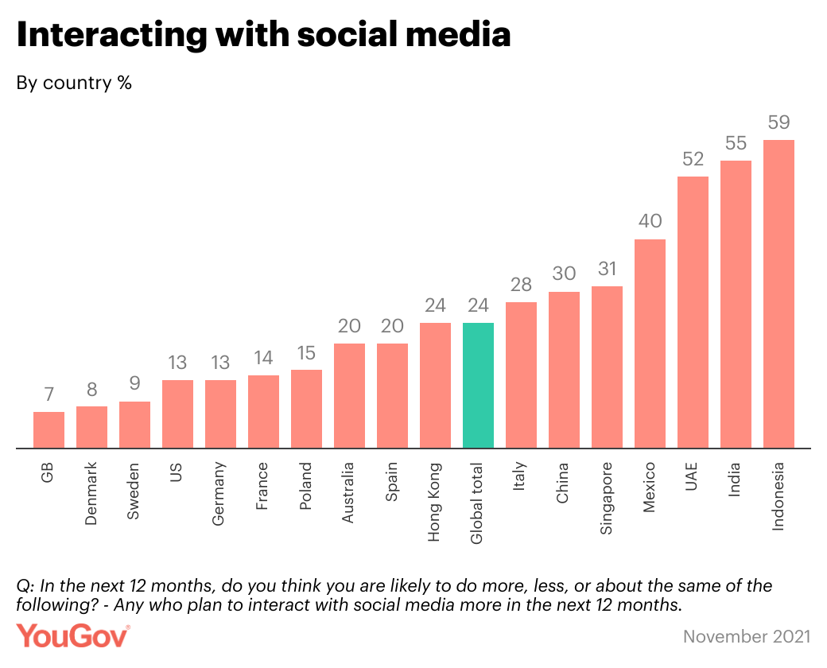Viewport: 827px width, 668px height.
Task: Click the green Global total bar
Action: click(478, 386)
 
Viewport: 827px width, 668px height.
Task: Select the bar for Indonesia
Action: click(778, 294)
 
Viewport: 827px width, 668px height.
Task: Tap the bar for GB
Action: click(49, 430)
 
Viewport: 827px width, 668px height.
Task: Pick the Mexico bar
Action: click(650, 344)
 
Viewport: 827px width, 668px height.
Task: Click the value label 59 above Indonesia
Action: click(778, 122)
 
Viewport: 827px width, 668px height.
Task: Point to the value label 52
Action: click(693, 159)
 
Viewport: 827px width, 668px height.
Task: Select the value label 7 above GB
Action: click(49, 394)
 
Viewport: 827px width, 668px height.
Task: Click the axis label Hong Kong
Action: click(435, 502)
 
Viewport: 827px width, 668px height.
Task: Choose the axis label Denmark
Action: click(91, 493)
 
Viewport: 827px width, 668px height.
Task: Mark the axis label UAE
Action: click(693, 478)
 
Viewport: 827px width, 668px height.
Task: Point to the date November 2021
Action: click(747, 636)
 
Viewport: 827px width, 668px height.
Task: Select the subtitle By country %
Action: click(74, 83)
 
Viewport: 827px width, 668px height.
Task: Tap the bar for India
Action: click(736, 305)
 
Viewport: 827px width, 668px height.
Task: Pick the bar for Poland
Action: click(306, 409)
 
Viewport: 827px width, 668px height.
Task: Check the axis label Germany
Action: click(220, 494)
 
